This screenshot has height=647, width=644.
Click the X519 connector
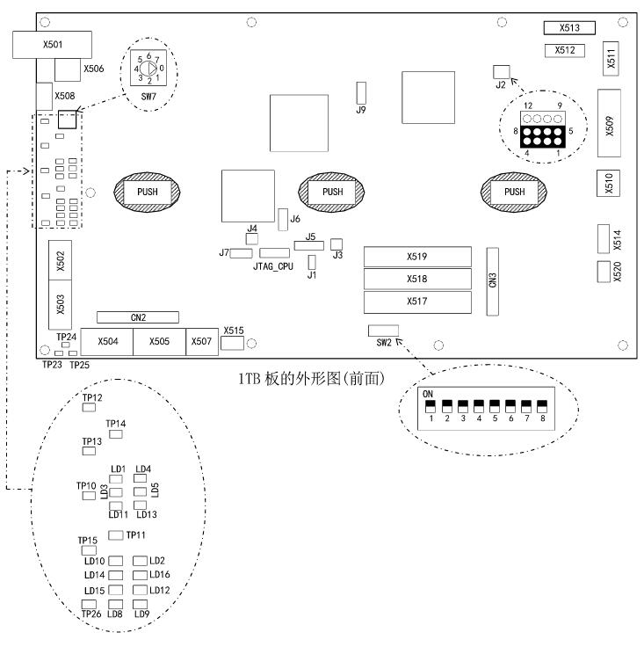pyautogui.click(x=416, y=257)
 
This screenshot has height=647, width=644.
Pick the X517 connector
pyautogui.click(x=416, y=302)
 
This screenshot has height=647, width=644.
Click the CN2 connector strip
pyautogui.click(x=138, y=317)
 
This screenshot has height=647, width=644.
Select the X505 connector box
pyautogui.click(x=158, y=341)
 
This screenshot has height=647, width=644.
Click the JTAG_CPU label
pyautogui.click(x=272, y=265)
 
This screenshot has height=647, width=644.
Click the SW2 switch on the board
pyautogui.click(x=383, y=331)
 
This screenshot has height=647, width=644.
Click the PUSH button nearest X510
pyautogui.click(x=515, y=192)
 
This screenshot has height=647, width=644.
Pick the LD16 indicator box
pyautogui.click(x=140, y=575)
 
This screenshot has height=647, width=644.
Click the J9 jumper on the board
pyautogui.click(x=360, y=93)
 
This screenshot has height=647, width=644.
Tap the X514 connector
pyautogui.click(x=603, y=237)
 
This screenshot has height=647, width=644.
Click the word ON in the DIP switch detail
pyautogui.click(x=429, y=394)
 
